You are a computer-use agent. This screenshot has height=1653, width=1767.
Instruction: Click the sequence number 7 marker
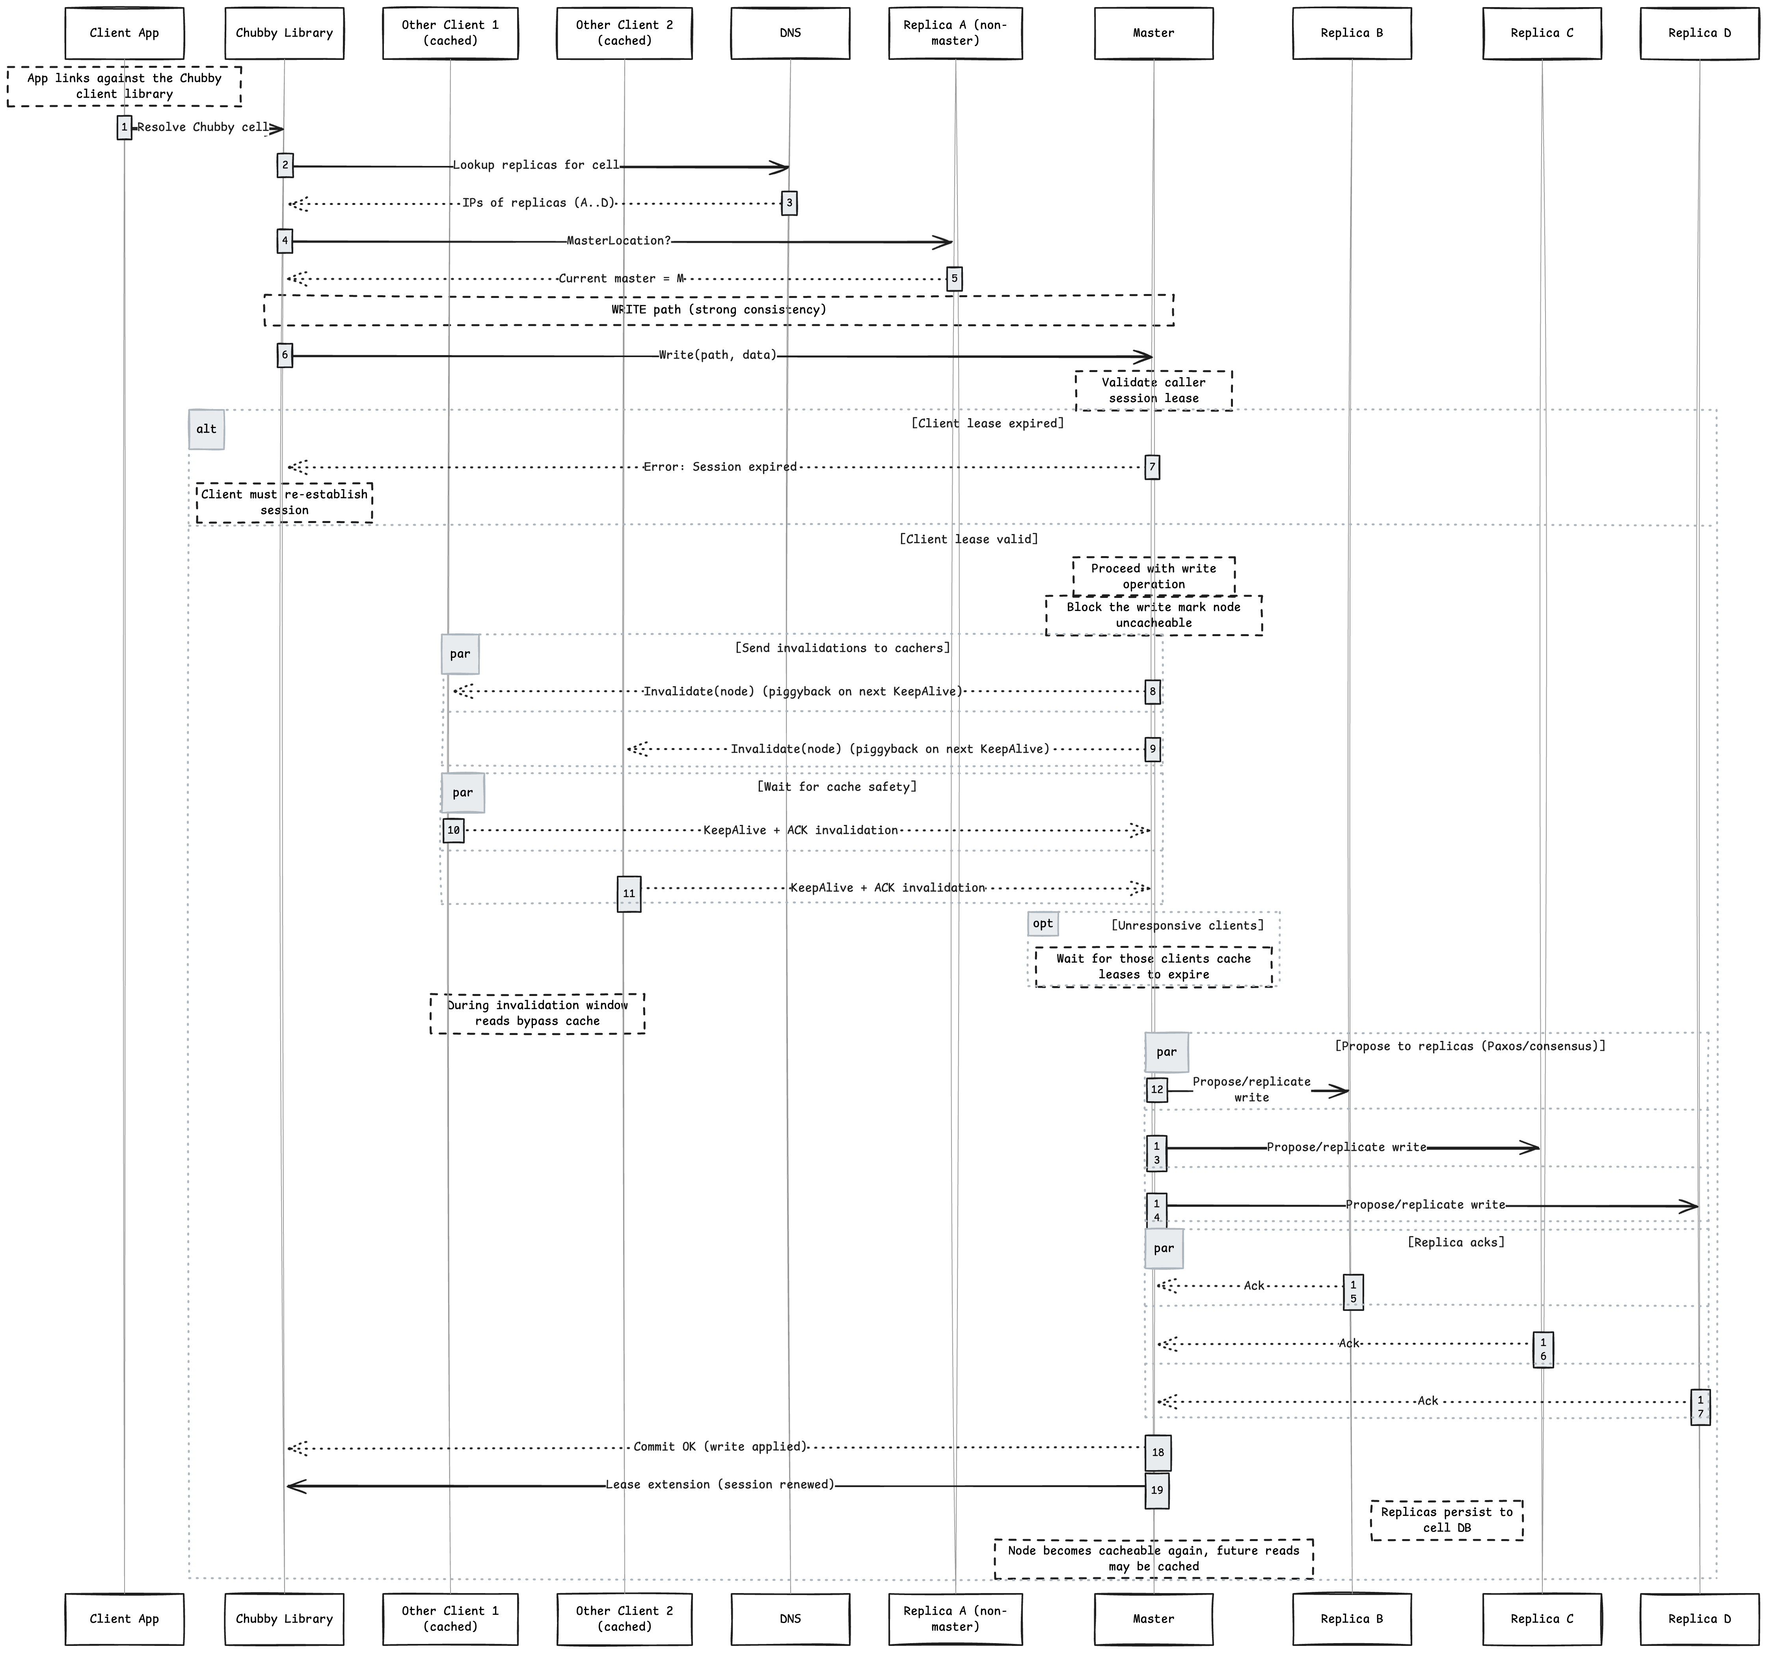1152,467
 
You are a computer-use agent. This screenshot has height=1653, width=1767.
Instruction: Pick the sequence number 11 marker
628,893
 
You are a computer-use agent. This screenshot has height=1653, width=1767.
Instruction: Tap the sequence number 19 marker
1156,1490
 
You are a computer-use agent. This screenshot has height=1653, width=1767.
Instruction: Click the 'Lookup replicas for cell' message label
536,165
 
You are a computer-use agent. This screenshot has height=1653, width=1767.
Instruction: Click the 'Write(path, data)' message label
717,356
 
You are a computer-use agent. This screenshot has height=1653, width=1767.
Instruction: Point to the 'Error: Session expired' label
720,467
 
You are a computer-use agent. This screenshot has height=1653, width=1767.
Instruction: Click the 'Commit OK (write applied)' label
720,1447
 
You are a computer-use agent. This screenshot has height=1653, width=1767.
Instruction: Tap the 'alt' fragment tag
206,429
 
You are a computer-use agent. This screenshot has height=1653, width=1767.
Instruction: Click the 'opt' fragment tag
1043,923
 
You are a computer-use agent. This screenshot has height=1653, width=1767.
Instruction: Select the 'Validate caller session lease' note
1154,390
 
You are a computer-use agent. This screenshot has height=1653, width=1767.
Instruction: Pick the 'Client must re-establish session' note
285,502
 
